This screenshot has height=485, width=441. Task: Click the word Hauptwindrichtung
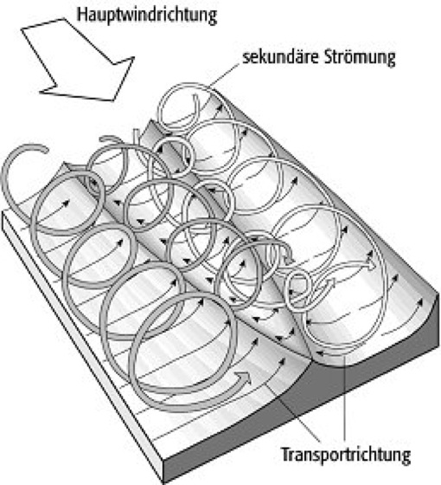(x=147, y=16)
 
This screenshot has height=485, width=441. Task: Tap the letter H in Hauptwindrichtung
(x=81, y=14)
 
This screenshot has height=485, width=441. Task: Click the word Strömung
(x=360, y=58)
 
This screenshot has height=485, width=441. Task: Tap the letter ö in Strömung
(x=348, y=57)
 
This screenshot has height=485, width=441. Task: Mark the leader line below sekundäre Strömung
(x=225, y=76)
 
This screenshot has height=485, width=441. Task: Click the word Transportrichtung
(x=346, y=455)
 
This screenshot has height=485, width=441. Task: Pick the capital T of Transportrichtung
(x=286, y=454)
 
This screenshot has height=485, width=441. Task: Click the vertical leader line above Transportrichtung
(x=345, y=398)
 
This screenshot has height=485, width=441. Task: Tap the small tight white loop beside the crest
(x=298, y=291)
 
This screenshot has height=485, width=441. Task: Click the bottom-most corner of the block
(x=163, y=482)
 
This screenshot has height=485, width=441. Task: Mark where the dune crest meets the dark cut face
(x=310, y=359)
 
